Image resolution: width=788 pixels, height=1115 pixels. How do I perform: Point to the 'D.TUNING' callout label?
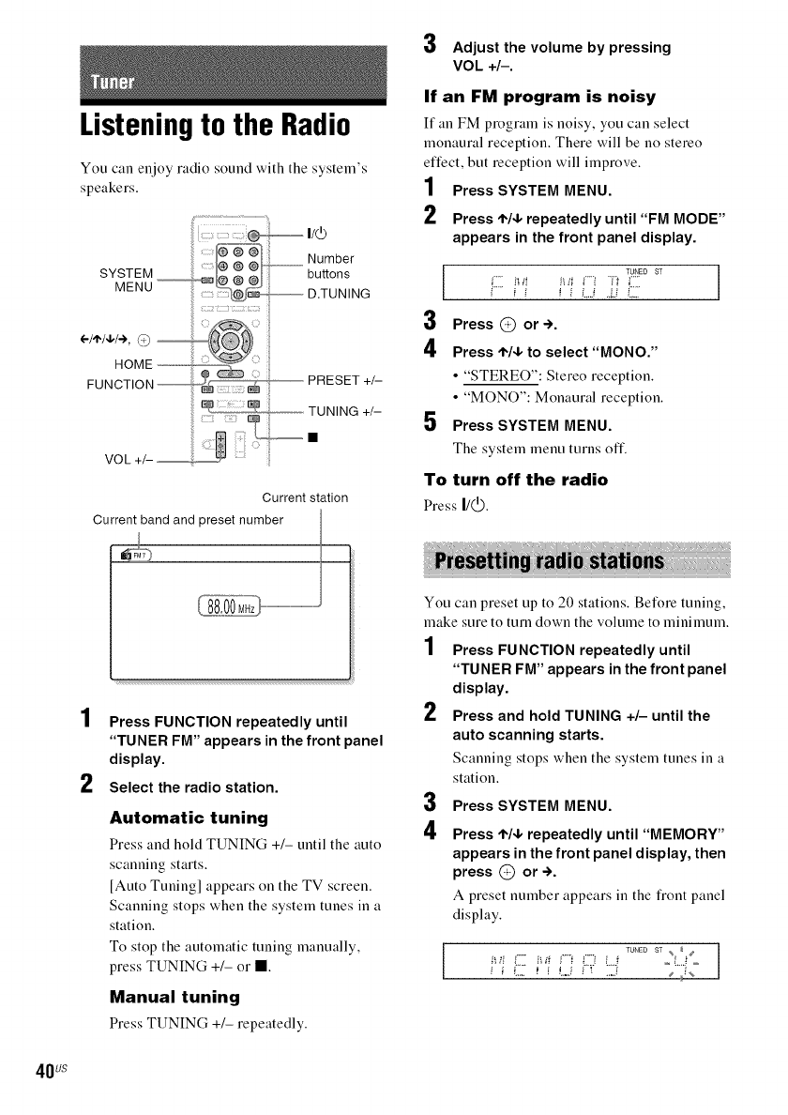339,294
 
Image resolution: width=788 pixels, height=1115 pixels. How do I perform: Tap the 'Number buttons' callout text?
330,267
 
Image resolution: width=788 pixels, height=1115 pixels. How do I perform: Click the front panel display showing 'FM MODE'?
578,283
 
